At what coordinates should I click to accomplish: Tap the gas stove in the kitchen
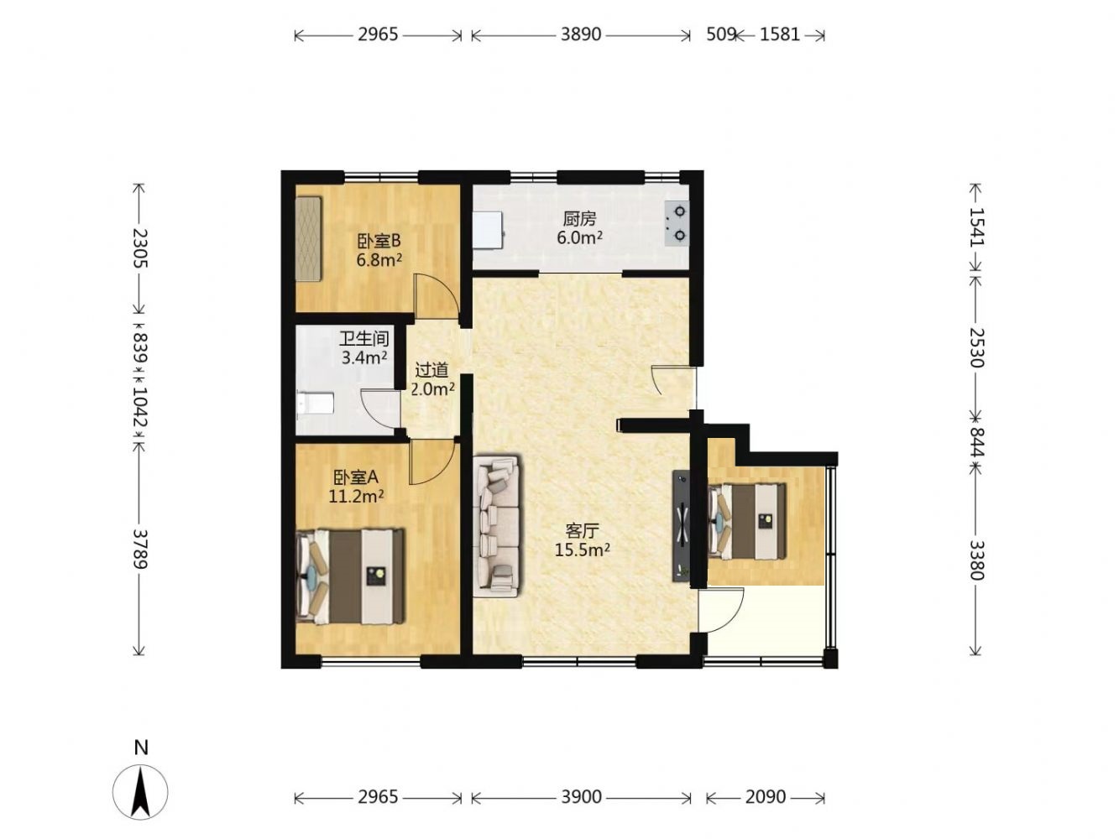[676, 222]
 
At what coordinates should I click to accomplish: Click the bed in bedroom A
[350, 576]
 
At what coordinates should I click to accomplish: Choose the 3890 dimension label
[581, 34]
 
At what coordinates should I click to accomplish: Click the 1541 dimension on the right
[975, 227]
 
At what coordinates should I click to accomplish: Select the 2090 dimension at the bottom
[765, 796]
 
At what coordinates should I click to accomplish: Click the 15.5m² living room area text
[582, 550]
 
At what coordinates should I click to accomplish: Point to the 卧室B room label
[379, 240]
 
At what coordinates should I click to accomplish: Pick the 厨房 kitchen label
[579, 219]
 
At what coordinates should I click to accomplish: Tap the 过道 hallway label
[431, 369]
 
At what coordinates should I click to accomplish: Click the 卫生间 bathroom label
[364, 338]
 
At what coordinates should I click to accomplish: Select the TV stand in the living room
[681, 525]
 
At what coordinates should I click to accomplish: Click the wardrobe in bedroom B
[309, 238]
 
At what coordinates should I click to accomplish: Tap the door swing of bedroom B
[436, 295]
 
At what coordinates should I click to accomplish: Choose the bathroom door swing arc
[379, 408]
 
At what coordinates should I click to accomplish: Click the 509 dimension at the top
[720, 34]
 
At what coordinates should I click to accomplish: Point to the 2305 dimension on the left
[139, 248]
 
